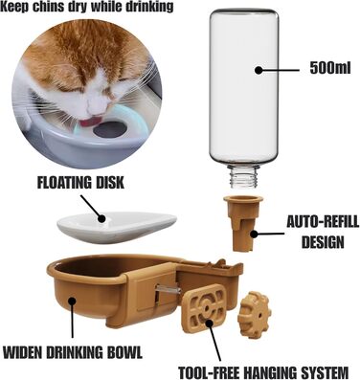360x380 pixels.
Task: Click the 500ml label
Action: [x=330, y=69]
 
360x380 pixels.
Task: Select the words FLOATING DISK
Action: [x=80, y=183]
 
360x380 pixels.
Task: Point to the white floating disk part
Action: [x=117, y=226]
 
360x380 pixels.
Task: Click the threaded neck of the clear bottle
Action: [x=244, y=177]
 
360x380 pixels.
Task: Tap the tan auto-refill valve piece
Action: [x=243, y=223]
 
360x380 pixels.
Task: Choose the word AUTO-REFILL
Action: [x=323, y=222]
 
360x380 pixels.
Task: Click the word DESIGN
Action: [x=323, y=242]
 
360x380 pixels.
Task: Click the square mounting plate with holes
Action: [x=205, y=307]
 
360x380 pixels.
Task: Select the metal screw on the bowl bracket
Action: [x=168, y=290]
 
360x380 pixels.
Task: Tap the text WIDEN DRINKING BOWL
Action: [x=73, y=352]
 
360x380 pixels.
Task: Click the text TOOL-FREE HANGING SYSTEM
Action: [x=263, y=372]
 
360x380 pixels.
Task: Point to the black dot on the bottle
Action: [x=259, y=70]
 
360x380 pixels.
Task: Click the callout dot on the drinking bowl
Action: [x=73, y=301]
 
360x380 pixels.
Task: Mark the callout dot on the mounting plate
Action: [x=209, y=323]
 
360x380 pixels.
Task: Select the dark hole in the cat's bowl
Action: [x=110, y=129]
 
